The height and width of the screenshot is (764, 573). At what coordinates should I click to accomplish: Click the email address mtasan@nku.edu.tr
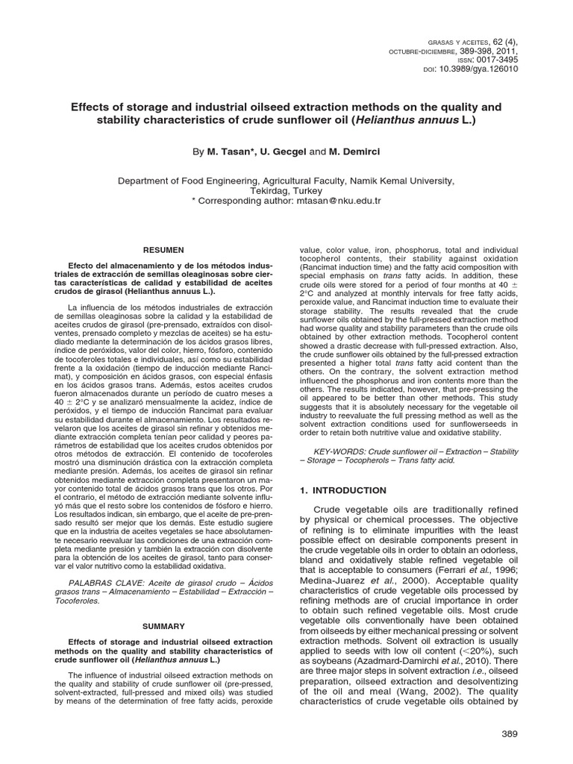(339, 201)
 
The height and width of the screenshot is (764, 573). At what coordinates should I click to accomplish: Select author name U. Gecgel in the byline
(282, 151)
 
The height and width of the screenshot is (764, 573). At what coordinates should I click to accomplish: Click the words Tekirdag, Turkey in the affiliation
(286, 191)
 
